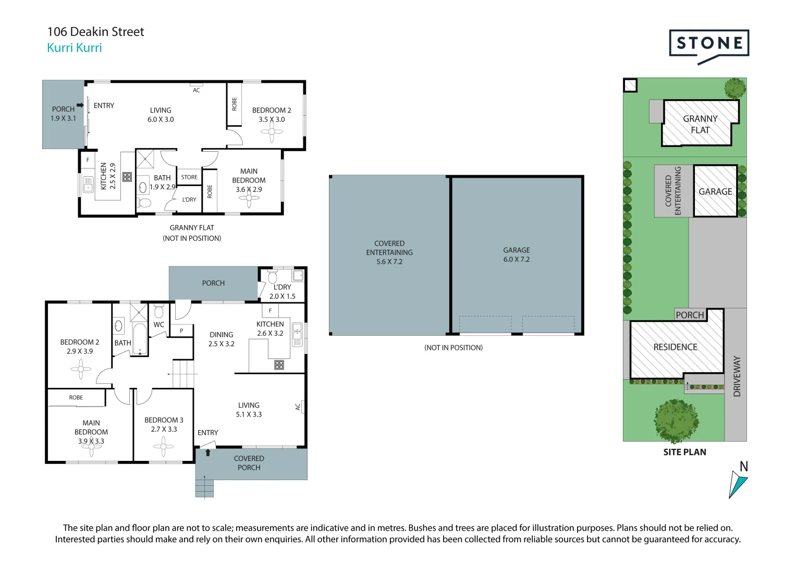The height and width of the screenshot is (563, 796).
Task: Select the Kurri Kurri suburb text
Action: [x=74, y=47]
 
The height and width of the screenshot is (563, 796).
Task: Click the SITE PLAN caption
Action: [x=684, y=452]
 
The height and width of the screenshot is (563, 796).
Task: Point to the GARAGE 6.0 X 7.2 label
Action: [x=517, y=255]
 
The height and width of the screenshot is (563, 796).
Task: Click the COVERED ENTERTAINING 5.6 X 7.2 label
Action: [x=389, y=252]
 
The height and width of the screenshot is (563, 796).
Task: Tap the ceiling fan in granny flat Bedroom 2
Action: [x=272, y=132]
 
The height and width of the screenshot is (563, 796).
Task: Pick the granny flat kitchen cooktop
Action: [x=127, y=177]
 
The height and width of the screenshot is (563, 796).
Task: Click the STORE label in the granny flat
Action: [x=189, y=177]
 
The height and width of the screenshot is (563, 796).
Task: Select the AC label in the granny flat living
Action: [x=196, y=90]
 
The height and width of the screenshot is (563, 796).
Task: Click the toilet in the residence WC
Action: [x=159, y=311]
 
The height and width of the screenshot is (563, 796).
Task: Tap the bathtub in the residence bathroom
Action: [x=140, y=339]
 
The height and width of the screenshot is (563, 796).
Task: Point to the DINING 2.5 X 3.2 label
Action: [x=222, y=339]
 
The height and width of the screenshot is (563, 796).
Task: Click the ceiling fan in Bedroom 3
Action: [x=164, y=446]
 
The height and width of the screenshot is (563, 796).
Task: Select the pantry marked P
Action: [x=181, y=331]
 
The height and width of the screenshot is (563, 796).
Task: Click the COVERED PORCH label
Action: [x=249, y=463]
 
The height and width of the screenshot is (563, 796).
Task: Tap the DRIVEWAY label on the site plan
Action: [x=737, y=376]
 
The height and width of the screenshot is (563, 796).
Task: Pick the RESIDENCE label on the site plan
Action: [x=675, y=347]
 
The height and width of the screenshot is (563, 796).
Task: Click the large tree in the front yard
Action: [x=676, y=421]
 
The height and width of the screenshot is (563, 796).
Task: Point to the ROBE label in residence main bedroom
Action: [x=76, y=397]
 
